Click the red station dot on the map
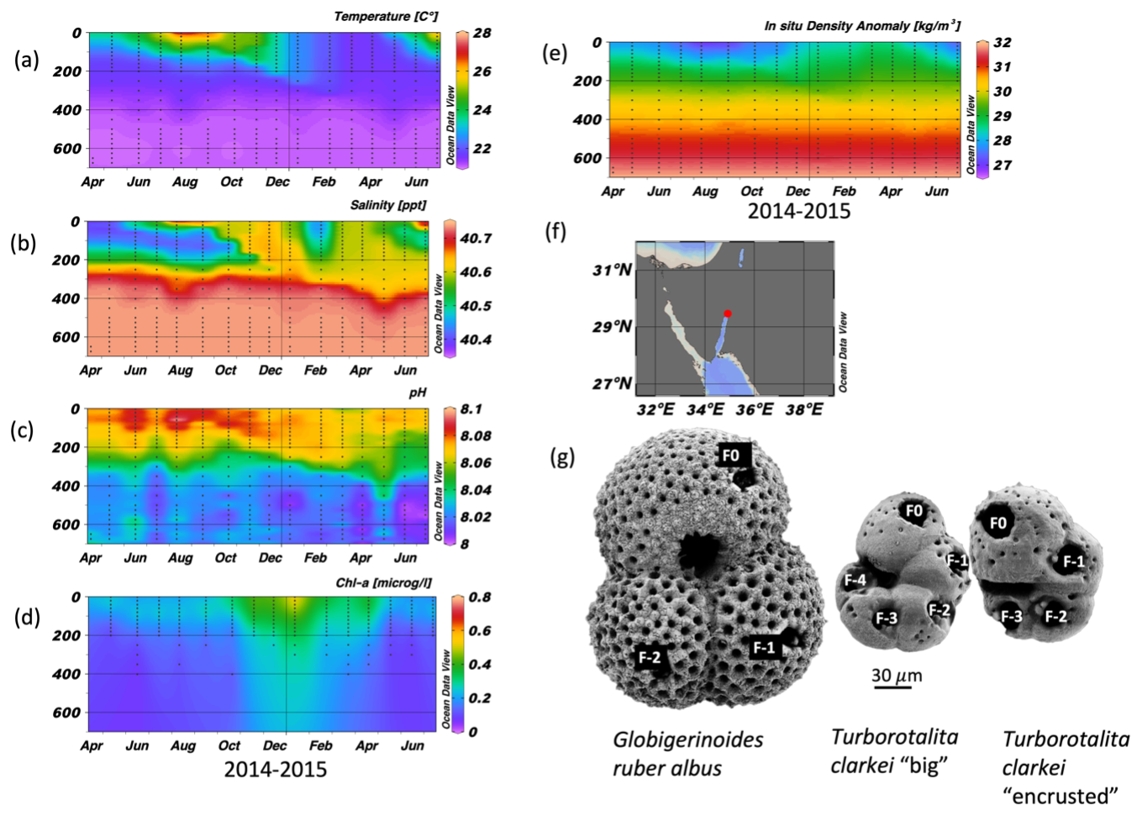click(x=728, y=313)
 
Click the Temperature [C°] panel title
click(x=385, y=16)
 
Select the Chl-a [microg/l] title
click(x=386, y=582)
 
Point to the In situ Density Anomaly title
click(x=861, y=26)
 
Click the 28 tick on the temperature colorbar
click(x=482, y=34)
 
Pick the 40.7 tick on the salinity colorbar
click(x=476, y=239)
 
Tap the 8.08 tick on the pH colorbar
click(x=476, y=436)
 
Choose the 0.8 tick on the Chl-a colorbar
click(x=479, y=598)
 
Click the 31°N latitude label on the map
click(x=612, y=270)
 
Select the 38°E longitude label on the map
click(x=804, y=408)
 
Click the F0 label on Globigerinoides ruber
click(x=731, y=455)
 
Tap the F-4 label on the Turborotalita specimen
click(x=855, y=580)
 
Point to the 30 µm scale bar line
click(x=892, y=687)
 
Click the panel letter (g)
click(x=562, y=457)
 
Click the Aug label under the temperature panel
click(x=185, y=182)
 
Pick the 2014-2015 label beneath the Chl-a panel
click(x=275, y=769)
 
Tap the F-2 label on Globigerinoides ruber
click(x=650, y=657)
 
